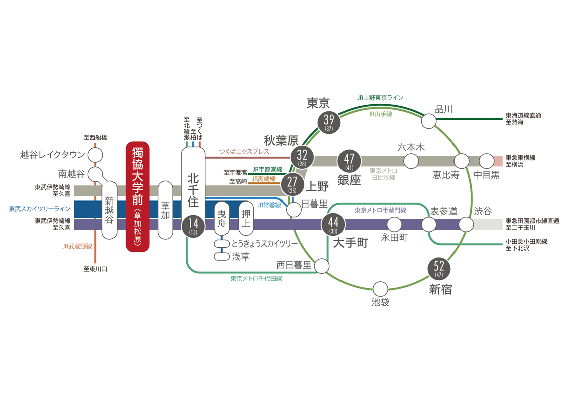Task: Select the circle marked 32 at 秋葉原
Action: [302, 157]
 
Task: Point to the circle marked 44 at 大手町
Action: [333, 224]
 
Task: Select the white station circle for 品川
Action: [429, 121]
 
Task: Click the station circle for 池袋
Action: [380, 289]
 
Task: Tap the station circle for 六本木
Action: [411, 161]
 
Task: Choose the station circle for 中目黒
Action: [486, 161]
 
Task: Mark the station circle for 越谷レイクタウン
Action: [95, 154]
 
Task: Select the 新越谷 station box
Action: [110, 210]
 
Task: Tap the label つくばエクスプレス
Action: [245, 151]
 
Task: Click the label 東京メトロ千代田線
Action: [256, 278]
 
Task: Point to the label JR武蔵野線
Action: [77, 246]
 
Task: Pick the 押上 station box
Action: [246, 218]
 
